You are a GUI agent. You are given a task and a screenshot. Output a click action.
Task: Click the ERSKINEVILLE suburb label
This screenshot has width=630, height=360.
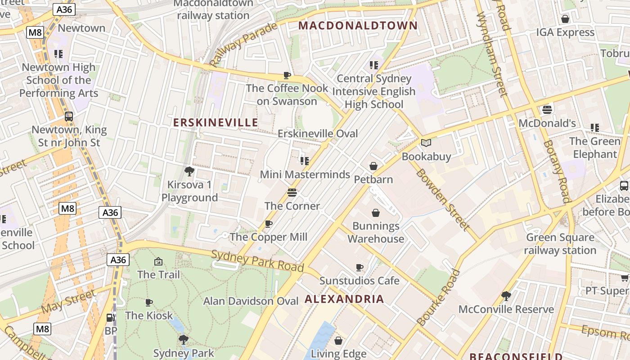216,122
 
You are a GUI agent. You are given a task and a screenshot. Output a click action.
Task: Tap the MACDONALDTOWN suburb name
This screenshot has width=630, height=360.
358,25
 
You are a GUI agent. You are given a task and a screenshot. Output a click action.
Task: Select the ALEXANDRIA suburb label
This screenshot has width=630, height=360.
344,299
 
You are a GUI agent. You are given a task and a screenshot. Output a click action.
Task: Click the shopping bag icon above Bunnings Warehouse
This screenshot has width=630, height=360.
376,212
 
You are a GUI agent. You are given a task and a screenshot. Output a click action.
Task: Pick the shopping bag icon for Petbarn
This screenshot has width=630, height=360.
373,166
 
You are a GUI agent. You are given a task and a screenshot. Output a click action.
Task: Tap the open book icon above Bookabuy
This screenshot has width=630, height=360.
426,143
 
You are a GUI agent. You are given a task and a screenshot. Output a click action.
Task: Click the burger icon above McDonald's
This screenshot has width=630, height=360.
547,109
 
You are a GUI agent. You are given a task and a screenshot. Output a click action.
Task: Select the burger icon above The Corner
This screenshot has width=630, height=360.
292,193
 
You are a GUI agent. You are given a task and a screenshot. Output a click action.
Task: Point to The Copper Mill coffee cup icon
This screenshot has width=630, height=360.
269,224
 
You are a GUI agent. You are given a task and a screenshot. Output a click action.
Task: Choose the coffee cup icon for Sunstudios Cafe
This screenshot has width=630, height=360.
359,267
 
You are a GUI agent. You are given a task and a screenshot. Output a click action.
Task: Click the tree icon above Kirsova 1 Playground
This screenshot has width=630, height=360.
189,171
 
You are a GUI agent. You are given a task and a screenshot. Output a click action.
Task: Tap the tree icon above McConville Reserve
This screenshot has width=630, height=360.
506,296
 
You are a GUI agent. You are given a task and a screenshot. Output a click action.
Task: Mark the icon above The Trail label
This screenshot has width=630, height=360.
158,261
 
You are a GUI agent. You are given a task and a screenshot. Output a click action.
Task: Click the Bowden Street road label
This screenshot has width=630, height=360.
442,199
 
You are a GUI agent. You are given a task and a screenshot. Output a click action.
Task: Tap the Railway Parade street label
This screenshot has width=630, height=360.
243,44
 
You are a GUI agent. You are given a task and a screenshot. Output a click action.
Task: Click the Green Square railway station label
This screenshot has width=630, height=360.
560,244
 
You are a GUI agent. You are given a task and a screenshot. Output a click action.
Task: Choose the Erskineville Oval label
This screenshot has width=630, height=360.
318,134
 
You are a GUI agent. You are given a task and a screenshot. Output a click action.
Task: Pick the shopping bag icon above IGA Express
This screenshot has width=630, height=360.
565,19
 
